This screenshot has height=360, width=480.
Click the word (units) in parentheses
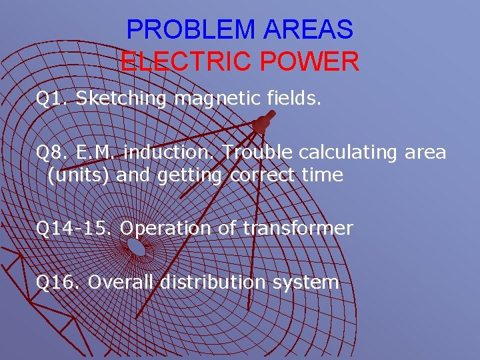[x=79, y=176]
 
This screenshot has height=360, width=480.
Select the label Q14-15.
[x=75, y=229]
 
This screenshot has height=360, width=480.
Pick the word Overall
[x=121, y=282]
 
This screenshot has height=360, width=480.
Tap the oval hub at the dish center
[x=137, y=247]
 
